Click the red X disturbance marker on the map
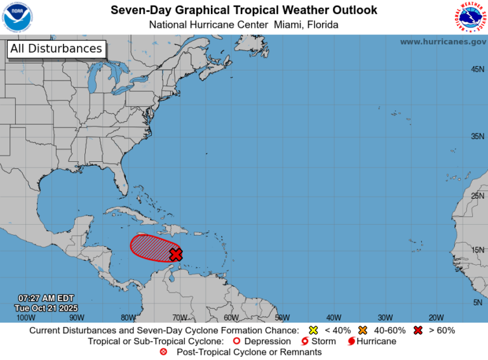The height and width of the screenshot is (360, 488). [x=176, y=254]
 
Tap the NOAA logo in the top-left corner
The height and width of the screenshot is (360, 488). [x=17, y=17]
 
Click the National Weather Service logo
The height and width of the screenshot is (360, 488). [x=470, y=17]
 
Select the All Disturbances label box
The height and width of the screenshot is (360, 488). [x=56, y=49]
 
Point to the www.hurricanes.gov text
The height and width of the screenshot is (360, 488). [x=443, y=41]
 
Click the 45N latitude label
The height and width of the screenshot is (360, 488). [x=477, y=69]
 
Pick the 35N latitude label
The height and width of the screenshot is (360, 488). [x=477, y=137]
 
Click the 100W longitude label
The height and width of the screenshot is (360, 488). [x=25, y=317]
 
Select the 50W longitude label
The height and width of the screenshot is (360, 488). [x=282, y=317]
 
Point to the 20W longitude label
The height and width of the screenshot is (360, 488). [x=436, y=317]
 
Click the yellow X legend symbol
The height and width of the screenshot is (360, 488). [x=313, y=330]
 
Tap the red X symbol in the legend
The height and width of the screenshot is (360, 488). [x=417, y=330]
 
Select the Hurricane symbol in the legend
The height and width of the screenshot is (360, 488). [x=351, y=341]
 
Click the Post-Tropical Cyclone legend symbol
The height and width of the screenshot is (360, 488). [x=164, y=352]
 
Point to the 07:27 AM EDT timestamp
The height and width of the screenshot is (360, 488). [x=46, y=298]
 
